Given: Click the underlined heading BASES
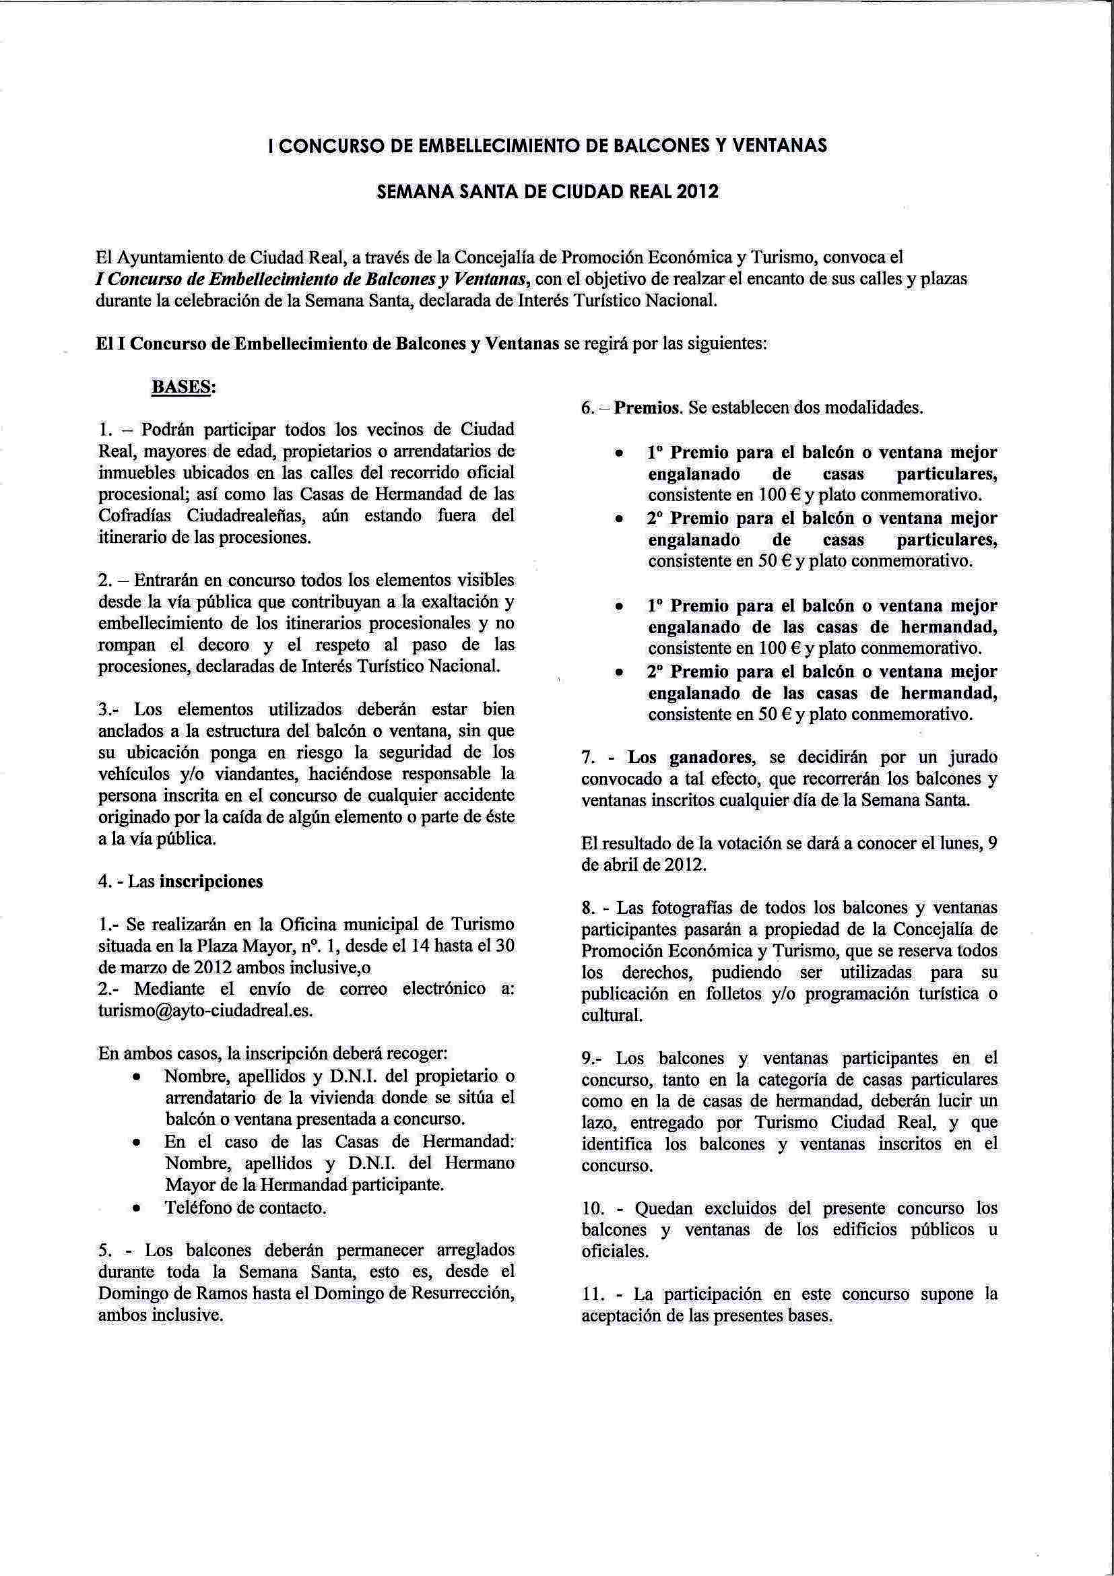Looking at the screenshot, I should pos(183,387).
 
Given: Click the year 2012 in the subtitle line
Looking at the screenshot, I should pos(696,192).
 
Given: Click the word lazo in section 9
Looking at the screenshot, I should pos(599,1122).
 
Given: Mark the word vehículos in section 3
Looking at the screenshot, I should pos(133,774).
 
